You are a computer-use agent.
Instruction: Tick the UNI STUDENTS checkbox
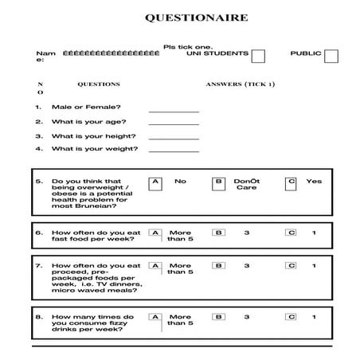(258, 56)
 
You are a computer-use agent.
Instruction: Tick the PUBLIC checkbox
(331, 56)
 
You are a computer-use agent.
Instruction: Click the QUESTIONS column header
(98, 84)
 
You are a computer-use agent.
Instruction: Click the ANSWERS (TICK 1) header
(240, 84)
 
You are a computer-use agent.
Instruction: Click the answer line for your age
(173, 123)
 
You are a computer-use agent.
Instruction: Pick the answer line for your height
(173, 137)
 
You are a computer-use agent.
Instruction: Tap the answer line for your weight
(173, 151)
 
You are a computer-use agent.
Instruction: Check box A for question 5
(155, 182)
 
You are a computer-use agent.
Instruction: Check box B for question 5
(218, 182)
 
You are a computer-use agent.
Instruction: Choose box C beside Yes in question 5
(292, 182)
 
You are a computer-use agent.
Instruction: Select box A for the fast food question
(155, 233)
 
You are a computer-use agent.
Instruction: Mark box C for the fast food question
(292, 233)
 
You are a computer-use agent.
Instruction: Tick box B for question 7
(218, 266)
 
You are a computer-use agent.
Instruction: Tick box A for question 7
(155, 266)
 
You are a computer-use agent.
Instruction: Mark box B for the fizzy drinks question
(218, 317)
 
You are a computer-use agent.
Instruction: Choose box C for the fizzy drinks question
(292, 317)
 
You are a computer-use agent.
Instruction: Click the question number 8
(39, 317)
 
